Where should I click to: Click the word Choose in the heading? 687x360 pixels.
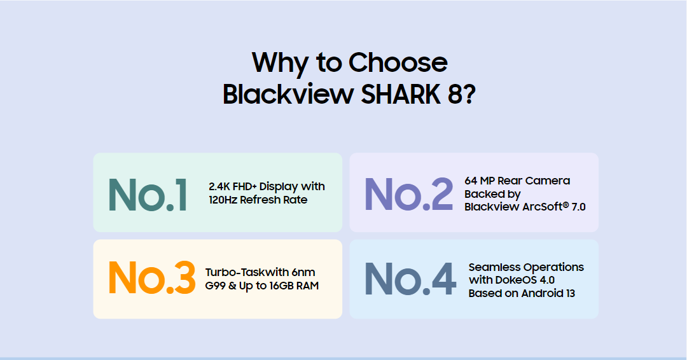pyautogui.click(x=398, y=62)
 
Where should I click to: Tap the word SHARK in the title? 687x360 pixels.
pyautogui.click(x=401, y=93)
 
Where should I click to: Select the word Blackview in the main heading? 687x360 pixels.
pyautogui.click(x=288, y=93)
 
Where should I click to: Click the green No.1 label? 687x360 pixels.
pyautogui.click(x=148, y=195)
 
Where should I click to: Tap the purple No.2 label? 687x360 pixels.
pyautogui.click(x=409, y=193)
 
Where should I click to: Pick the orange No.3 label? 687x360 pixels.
pyautogui.click(x=151, y=277)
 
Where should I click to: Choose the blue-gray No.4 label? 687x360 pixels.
pyautogui.click(x=410, y=279)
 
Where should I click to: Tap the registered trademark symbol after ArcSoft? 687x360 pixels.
pyautogui.click(x=566, y=204)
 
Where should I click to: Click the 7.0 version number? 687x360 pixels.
pyautogui.click(x=578, y=207)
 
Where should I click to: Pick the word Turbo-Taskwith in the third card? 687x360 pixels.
pyautogui.click(x=247, y=272)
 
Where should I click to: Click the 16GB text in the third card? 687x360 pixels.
pyautogui.click(x=281, y=286)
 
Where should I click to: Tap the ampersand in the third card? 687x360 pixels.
pyautogui.click(x=232, y=286)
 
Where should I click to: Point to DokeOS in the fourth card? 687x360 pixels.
pyautogui.click(x=510, y=280)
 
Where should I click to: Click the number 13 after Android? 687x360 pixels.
pyautogui.click(x=570, y=293)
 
